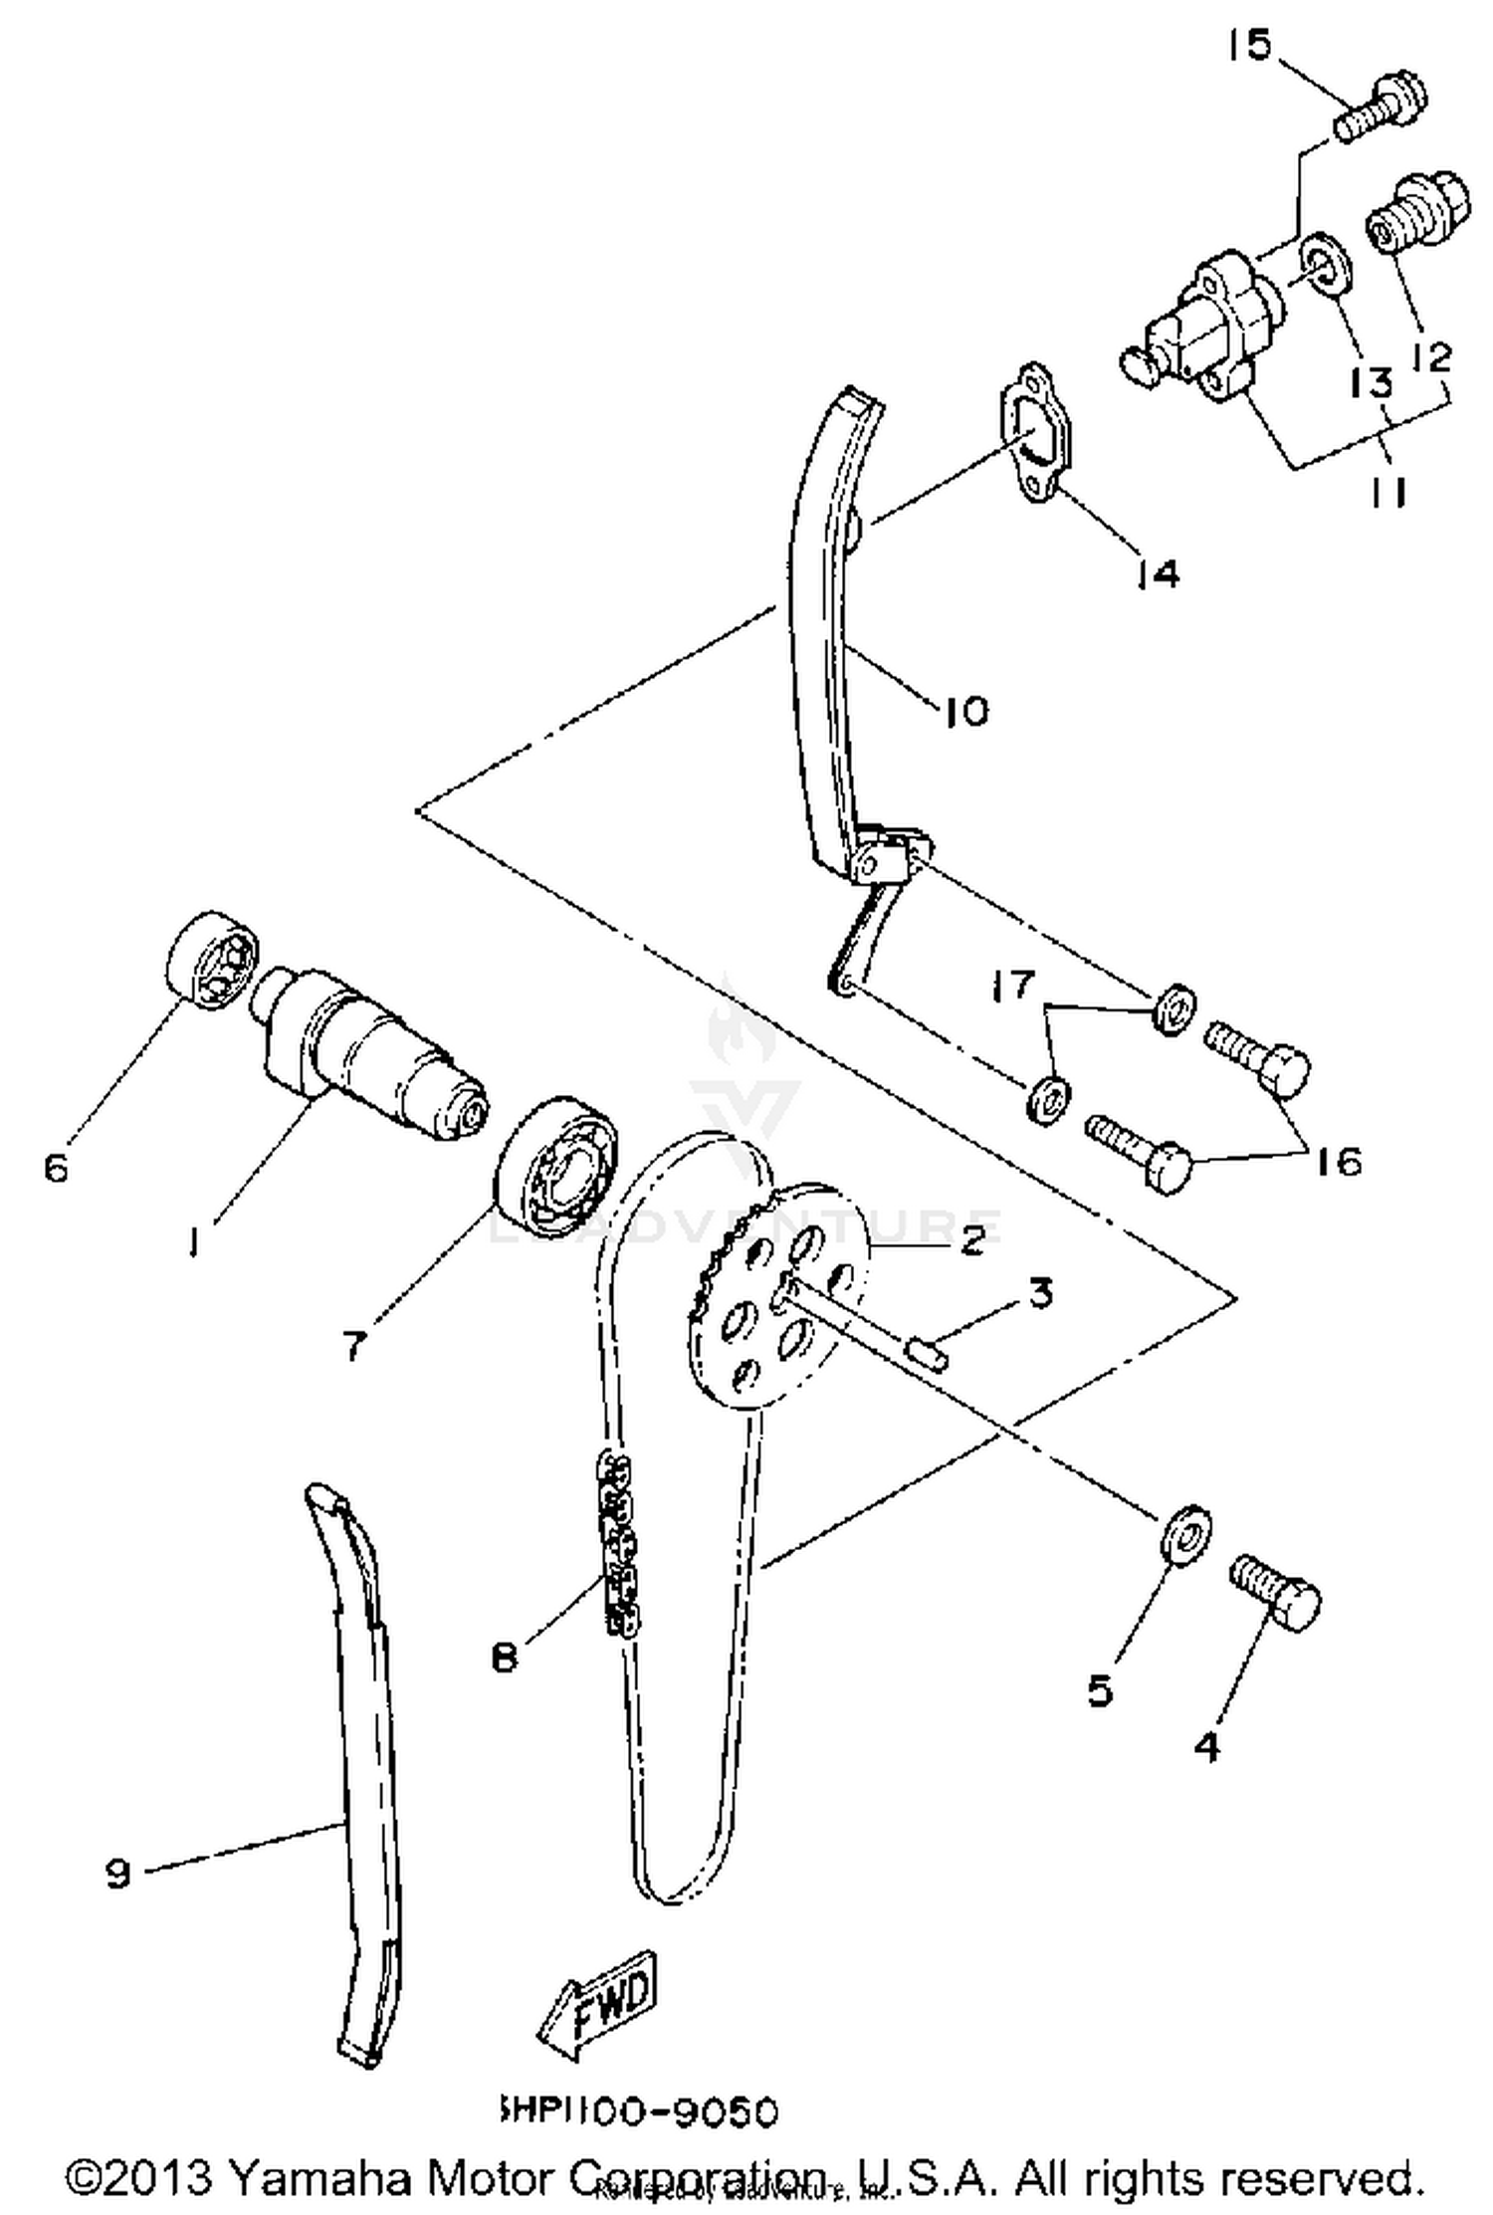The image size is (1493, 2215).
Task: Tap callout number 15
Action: (x=1248, y=45)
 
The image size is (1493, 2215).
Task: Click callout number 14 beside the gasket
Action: (x=1159, y=574)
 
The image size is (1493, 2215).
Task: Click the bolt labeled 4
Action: (x=1277, y=1594)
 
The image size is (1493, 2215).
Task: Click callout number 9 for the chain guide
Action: (x=117, y=1874)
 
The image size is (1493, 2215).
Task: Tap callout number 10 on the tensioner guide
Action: (x=964, y=711)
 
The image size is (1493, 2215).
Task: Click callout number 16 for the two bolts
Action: (x=1340, y=1161)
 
